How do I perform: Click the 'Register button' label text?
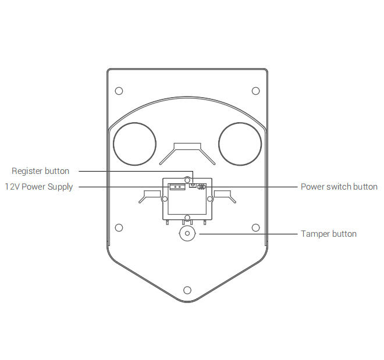point(40,171)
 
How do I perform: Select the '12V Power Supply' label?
point(39,187)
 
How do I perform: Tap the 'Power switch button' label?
point(339,187)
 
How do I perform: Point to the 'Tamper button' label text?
point(329,234)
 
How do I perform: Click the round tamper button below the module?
point(187,233)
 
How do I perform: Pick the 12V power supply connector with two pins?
point(177,187)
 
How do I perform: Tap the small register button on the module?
point(193,186)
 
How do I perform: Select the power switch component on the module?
point(201,187)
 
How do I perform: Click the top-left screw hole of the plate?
point(119,91)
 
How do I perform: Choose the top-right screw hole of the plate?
point(255,91)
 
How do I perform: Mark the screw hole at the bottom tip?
point(187,290)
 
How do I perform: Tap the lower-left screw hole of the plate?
point(119,228)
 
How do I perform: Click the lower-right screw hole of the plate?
point(255,228)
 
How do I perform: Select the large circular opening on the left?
point(135,144)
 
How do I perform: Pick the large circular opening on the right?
point(240,144)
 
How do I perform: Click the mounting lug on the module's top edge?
point(187,180)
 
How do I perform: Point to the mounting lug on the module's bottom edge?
point(187,218)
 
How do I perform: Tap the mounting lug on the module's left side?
point(165,199)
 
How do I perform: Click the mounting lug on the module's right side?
point(210,199)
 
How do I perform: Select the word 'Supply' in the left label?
point(61,187)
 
